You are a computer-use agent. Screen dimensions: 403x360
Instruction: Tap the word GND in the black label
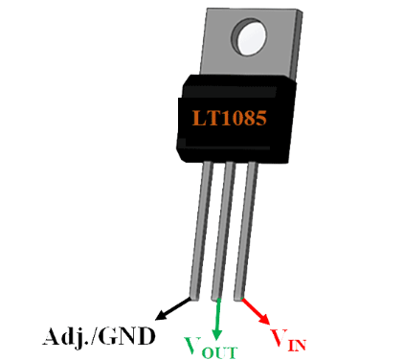pyautogui.click(x=132, y=337)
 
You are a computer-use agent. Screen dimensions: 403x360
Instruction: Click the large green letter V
pyautogui.click(x=193, y=342)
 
